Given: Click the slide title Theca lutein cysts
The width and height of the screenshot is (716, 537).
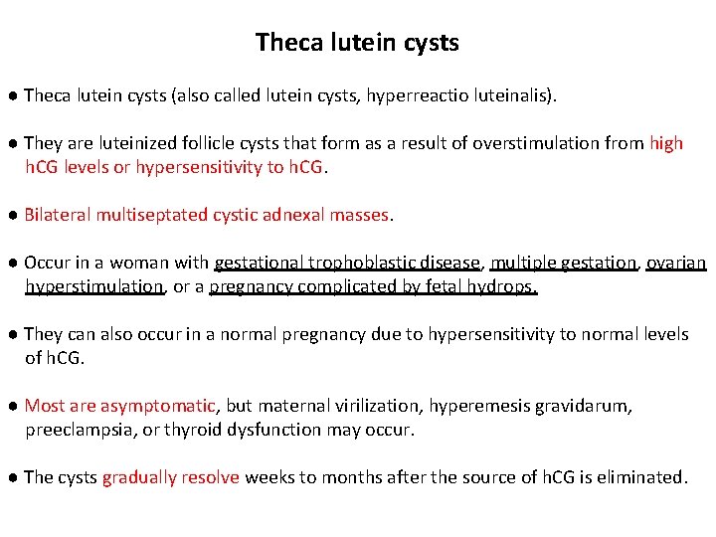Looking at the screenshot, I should (x=357, y=43).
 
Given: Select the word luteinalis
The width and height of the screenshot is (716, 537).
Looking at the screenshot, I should (x=508, y=96).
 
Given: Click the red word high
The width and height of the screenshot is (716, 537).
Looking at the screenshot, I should (x=666, y=143).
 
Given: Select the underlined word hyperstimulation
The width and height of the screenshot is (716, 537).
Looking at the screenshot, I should (x=93, y=286).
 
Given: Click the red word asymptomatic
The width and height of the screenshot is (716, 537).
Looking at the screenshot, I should (x=157, y=406).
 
